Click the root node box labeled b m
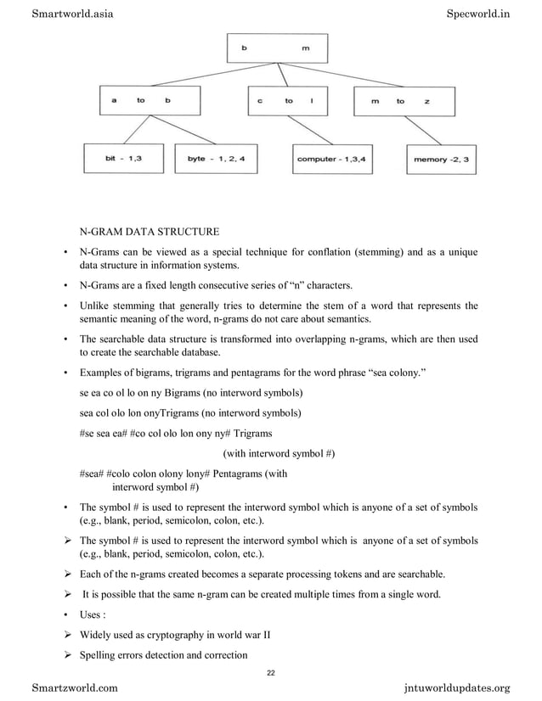277,48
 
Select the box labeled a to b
140,100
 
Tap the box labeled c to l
287,100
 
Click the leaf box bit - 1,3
123,159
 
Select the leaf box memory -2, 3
442,159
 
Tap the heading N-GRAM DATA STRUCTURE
150,231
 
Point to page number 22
271,673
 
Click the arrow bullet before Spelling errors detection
67,654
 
